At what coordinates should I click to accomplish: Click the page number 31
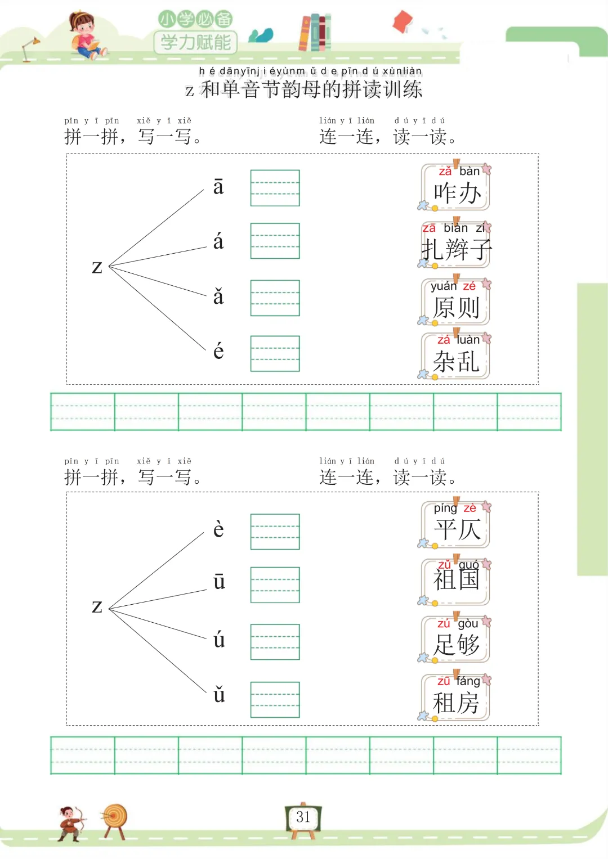pyautogui.click(x=303, y=817)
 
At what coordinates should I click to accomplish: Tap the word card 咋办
pyautogui.click(x=456, y=187)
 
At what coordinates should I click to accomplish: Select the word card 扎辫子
pyautogui.click(x=456, y=245)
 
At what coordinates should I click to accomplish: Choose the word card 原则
pyautogui.click(x=456, y=302)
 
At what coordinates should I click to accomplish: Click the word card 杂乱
pyautogui.click(x=456, y=356)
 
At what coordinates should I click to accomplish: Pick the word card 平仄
pyautogui.click(x=456, y=525)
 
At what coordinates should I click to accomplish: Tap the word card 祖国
pyautogui.click(x=456, y=581)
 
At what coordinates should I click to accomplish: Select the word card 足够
pyautogui.click(x=456, y=640)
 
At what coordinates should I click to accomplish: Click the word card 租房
pyautogui.click(x=456, y=698)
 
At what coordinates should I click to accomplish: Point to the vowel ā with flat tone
pyautogui.click(x=218, y=187)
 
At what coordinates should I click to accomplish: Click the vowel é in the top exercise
pyautogui.click(x=218, y=352)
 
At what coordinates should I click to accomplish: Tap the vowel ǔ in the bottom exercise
pyautogui.click(x=219, y=695)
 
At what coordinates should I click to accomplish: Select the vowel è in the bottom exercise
pyautogui.click(x=218, y=529)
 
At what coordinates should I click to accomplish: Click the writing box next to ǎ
pyautogui.click(x=275, y=298)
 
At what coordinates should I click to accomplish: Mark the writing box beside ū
pyautogui.click(x=275, y=585)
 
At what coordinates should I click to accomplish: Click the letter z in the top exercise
pyautogui.click(x=97, y=266)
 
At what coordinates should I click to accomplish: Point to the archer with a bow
pyautogui.click(x=71, y=824)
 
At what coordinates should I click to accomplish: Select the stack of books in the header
pyautogui.click(x=315, y=33)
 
